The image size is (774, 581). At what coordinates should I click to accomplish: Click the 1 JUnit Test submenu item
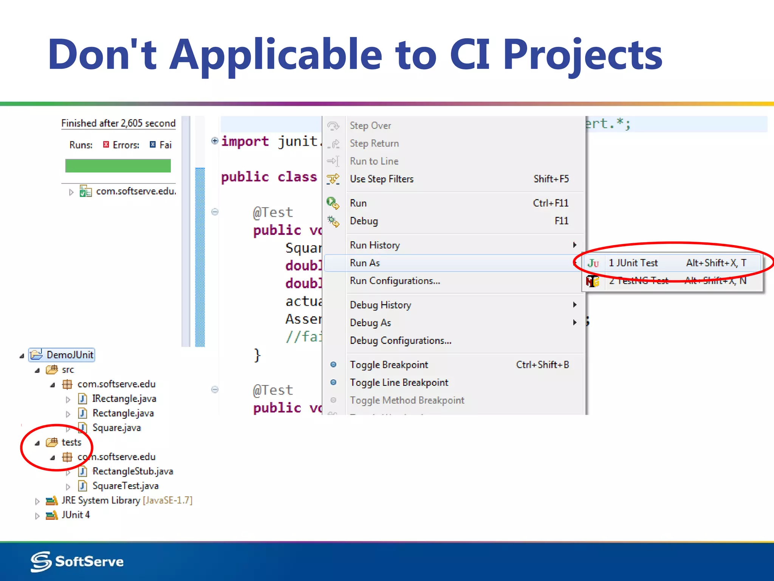coord(633,263)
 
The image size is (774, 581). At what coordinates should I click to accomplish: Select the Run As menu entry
coord(365,263)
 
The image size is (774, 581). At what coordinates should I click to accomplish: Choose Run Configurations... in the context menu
coord(395,281)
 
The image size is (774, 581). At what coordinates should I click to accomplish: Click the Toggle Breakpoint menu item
coord(389,365)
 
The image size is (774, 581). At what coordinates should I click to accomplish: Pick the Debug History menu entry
coord(380,305)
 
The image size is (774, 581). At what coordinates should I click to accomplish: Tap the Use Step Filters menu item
coord(382,179)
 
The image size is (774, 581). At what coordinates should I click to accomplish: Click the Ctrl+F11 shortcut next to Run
coord(550,203)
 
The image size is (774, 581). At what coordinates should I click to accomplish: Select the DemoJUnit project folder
coord(70,355)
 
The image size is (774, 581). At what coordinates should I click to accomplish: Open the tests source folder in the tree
coord(71,442)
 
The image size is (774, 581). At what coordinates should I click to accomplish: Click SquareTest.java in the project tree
coord(125,486)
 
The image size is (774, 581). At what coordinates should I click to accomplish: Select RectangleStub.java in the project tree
coord(132,471)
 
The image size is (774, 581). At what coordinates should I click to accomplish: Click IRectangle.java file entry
coord(124,399)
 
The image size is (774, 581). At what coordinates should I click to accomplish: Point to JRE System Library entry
coord(101,500)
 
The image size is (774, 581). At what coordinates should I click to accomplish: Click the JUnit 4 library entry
coord(76,515)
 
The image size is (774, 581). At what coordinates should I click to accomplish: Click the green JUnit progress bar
coord(118,166)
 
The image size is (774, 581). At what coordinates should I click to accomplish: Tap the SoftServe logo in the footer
coord(77,561)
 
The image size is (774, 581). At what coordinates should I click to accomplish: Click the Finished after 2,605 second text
coord(118,123)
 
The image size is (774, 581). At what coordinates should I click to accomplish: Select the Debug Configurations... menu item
coord(400,340)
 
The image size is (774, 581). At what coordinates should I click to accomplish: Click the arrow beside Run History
coord(574,245)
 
